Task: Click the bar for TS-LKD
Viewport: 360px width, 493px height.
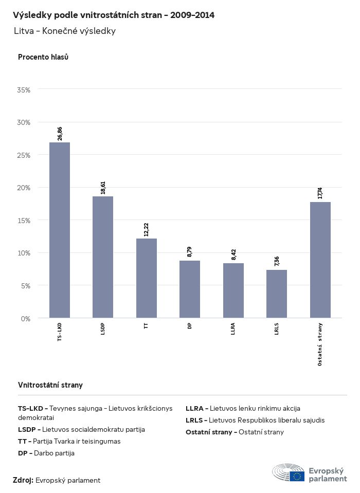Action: tap(60, 230)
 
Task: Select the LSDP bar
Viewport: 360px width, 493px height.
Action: tap(103, 257)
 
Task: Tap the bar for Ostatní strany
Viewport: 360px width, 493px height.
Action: tap(320, 260)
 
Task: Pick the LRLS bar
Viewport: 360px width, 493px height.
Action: tap(277, 294)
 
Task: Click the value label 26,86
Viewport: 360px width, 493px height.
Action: tap(60, 133)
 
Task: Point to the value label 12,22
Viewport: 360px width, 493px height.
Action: tap(147, 229)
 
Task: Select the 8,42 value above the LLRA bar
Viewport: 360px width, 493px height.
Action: tap(233, 254)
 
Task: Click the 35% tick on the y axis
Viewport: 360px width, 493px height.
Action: tap(24, 90)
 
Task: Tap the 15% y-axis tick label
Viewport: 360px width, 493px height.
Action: tap(24, 221)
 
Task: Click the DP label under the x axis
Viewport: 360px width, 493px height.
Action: tap(190, 325)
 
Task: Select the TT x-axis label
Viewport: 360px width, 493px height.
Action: tap(147, 325)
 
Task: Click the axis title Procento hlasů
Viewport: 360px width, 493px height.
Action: tap(43, 57)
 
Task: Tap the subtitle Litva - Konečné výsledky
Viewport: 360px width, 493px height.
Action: tap(65, 31)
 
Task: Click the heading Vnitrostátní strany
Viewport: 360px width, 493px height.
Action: tap(50, 385)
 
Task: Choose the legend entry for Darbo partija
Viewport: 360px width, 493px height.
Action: tap(46, 453)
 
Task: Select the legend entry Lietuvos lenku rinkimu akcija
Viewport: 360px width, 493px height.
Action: tap(243, 409)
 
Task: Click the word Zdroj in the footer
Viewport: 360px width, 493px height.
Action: tap(23, 480)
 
